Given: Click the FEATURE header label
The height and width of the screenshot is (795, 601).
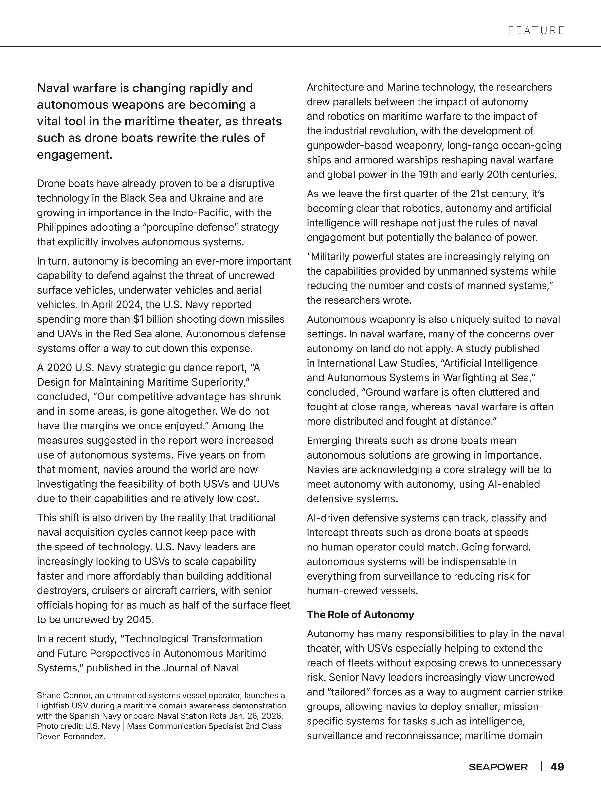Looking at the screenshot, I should pos(536,31).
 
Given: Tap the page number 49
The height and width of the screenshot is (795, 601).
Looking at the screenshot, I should pos(557,767).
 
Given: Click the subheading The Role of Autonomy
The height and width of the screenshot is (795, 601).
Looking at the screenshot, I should pos(360,615).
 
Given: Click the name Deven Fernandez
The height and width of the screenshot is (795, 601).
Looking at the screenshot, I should pos(71,736).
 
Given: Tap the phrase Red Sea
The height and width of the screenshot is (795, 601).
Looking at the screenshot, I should pos(131,334).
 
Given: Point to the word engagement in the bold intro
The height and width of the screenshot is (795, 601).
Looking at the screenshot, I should pos(74,155).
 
